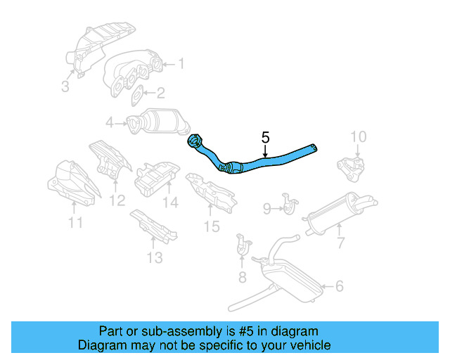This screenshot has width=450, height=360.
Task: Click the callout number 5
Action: coord(265,137)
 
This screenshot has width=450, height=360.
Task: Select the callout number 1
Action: coord(181,64)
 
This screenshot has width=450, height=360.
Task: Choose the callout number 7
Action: coord(340,243)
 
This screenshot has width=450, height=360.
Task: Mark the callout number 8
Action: coord(243,277)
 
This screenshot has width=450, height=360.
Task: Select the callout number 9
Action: coord(267,207)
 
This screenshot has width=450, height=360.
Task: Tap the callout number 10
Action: coord(358,136)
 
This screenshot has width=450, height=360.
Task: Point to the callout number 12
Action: coord(117,200)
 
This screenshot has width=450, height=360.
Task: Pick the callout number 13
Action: coord(154,257)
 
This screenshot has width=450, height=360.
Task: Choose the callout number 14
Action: coord(171,203)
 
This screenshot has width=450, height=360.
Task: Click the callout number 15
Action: coord(212,226)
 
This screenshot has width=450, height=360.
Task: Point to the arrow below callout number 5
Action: coord(265,151)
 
